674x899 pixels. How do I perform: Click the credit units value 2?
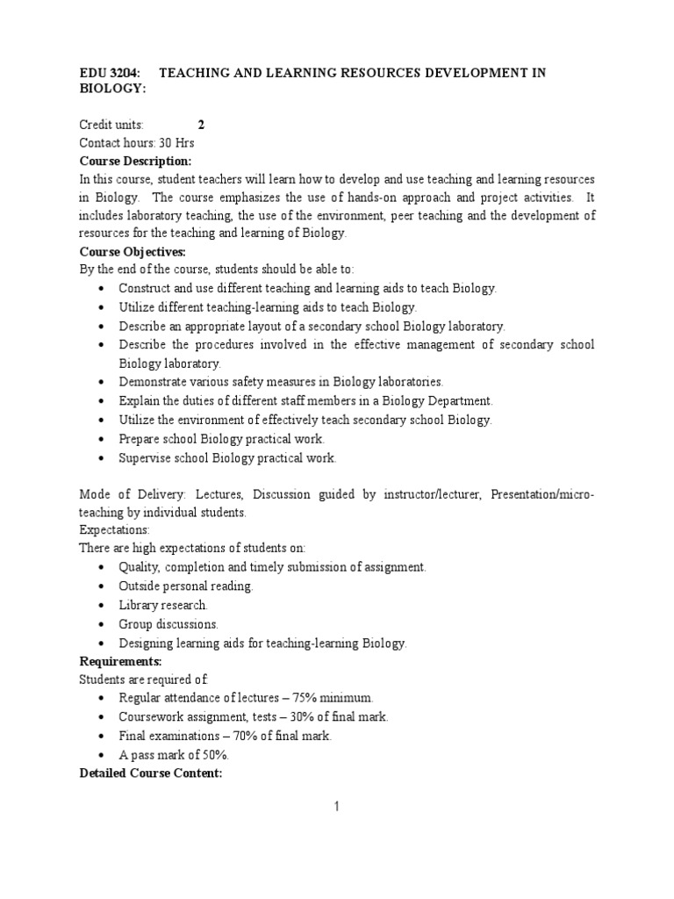201,125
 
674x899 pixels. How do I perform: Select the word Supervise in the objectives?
146,457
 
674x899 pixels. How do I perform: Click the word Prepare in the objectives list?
140,439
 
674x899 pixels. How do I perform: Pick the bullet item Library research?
163,605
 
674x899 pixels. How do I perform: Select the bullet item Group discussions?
168,624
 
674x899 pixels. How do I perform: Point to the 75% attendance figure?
307,697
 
